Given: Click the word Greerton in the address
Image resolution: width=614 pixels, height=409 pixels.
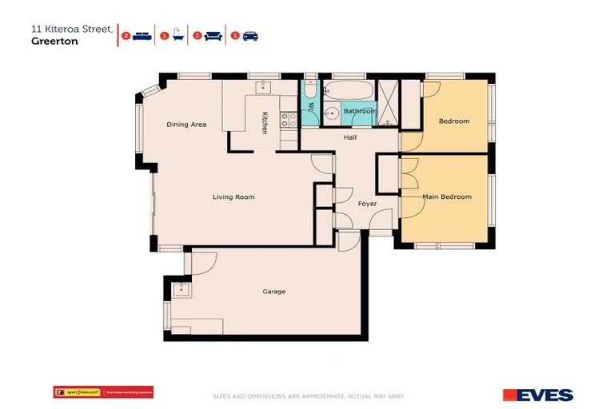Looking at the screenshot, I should tap(49, 43).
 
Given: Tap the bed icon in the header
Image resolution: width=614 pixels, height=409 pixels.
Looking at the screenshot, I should tap(142, 36).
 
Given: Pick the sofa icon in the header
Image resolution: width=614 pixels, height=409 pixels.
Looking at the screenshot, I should tap(213, 36).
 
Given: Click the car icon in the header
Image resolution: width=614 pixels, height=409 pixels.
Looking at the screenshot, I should tap(250, 36).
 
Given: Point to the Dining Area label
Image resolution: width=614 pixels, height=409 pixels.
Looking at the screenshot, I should tap(186, 125).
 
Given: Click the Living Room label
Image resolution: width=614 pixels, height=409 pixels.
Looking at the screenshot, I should tap(233, 197).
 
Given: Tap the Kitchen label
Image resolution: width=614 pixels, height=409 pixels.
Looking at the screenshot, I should tap(265, 124).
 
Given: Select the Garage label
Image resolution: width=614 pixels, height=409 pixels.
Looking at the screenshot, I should tap(273, 292).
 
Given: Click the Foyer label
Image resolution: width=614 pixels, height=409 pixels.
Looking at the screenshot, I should tap(367, 204).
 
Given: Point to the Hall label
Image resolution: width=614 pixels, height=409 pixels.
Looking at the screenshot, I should tap(350, 138).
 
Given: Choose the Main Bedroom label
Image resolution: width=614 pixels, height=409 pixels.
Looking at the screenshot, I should tap(447, 197).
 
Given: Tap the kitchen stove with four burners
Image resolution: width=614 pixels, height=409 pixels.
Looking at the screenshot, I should tap(289, 120).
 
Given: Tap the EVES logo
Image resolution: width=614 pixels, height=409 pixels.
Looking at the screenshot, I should tap(537, 395).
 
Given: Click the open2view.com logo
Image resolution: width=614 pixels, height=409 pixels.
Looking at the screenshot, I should tap(78, 391).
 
